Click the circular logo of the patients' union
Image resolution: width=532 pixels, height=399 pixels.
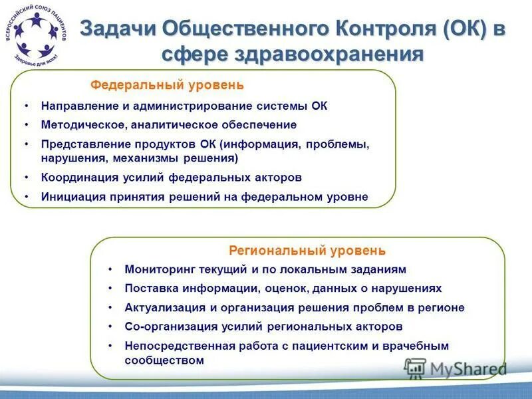point(37,36)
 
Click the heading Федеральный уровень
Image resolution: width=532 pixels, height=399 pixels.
point(167,85)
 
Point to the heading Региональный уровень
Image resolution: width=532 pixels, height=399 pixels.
point(307,251)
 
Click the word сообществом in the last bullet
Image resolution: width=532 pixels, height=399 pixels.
point(164,360)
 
